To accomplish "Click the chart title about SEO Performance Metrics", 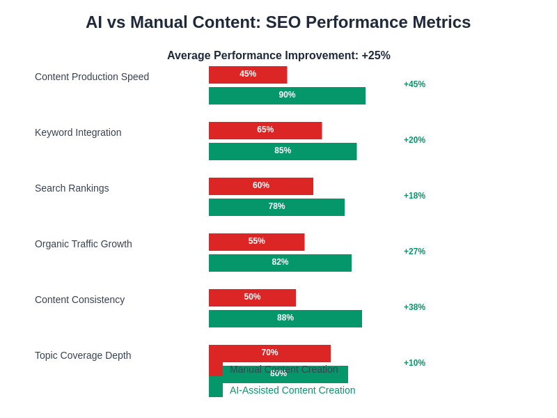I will click(x=278, y=22).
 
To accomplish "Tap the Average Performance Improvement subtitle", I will click(x=278, y=56).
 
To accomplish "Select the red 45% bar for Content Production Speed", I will click(x=248, y=75).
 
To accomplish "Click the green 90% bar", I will click(x=287, y=95).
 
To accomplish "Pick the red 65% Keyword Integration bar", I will click(x=265, y=130).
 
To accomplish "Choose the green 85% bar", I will click(x=283, y=151).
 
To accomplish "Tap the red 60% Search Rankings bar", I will click(x=261, y=186).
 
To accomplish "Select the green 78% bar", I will click(x=276, y=207).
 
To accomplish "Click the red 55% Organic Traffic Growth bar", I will click(x=256, y=242).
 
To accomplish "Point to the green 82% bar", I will click(x=280, y=263).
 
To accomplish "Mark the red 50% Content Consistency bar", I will click(x=252, y=297).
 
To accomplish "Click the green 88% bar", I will click(x=285, y=318).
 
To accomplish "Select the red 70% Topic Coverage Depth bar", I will click(x=269, y=353).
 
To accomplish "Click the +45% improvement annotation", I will click(x=414, y=84).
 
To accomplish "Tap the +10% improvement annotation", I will click(x=414, y=363).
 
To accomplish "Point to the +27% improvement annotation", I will click(x=414, y=251).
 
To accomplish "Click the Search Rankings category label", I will click(x=72, y=188).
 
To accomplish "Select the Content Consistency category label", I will click(x=79, y=300).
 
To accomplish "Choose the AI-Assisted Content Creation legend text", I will click(x=292, y=390).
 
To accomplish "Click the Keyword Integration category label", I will click(x=78, y=132).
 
